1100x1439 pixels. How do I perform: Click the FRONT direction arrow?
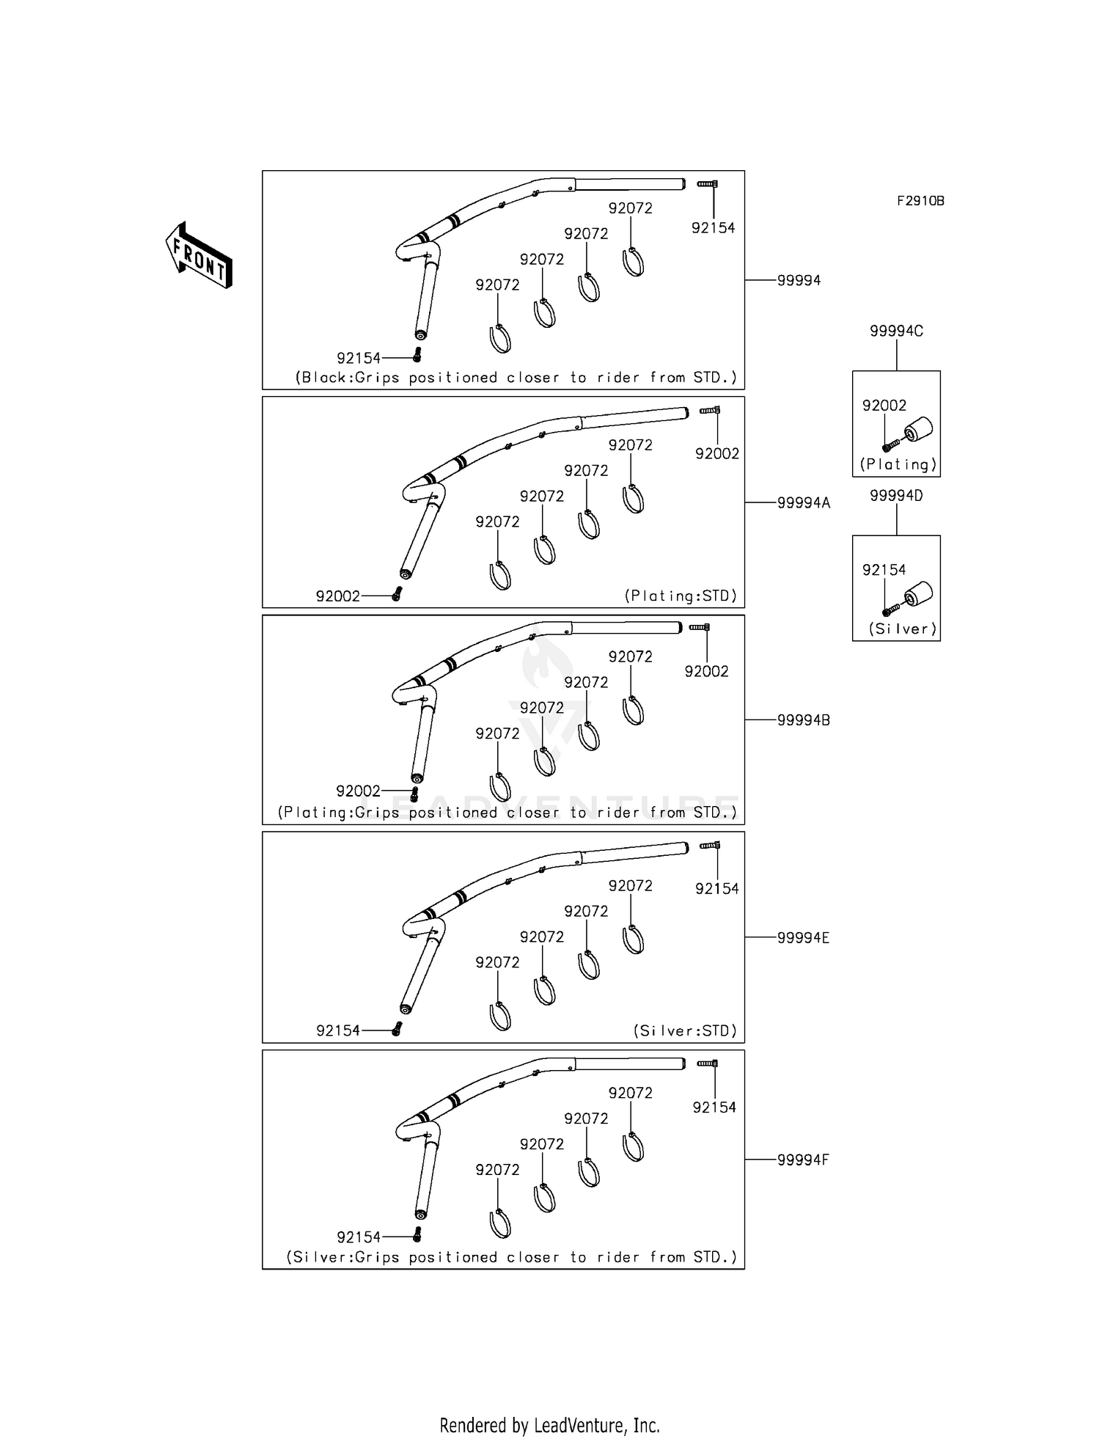tap(199, 255)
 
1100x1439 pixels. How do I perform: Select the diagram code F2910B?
tap(920, 201)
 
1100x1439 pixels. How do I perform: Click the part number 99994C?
tap(896, 332)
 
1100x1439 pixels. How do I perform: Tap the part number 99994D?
tap(896, 496)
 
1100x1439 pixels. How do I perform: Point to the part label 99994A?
tap(804, 503)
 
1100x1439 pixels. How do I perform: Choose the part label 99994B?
tap(804, 720)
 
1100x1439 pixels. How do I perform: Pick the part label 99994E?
tap(803, 938)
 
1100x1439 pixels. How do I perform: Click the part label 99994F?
tap(803, 1160)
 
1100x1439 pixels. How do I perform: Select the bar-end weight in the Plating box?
tap(918, 430)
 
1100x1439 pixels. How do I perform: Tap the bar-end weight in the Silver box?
tap(918, 594)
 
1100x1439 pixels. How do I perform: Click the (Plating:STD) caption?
tap(681, 596)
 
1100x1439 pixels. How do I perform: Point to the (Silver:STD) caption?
tap(685, 1031)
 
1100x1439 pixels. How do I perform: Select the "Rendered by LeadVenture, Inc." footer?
tap(550, 1425)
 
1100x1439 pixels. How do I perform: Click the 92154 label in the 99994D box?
tap(884, 570)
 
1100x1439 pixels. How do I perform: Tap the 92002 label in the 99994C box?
tap(884, 406)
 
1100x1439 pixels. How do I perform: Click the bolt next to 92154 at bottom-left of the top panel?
tap(417, 356)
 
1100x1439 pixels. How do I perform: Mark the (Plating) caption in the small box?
tap(898, 464)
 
